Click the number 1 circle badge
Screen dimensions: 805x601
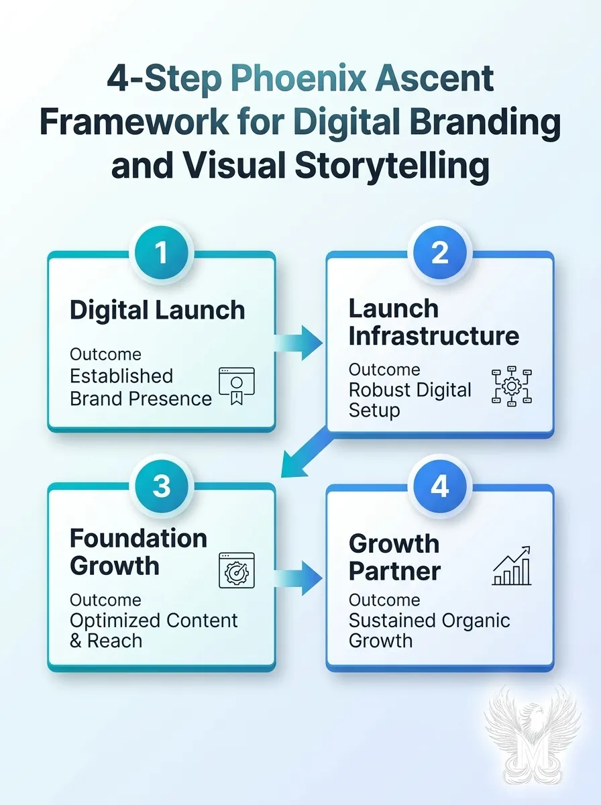tap(161, 253)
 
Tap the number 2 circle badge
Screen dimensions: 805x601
tap(439, 253)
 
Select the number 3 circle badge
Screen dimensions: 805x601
tap(161, 485)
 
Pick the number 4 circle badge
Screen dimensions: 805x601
tap(439, 485)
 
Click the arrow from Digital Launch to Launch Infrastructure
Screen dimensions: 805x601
tap(300, 343)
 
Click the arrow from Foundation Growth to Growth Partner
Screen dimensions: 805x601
tap(300, 576)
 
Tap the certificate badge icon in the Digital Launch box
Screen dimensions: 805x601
tap(237, 386)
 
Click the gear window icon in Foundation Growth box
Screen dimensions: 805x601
tap(237, 570)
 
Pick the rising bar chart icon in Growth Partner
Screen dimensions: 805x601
tap(512, 566)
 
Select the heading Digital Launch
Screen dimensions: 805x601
tap(158, 310)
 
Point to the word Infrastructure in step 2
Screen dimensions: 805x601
tap(433, 335)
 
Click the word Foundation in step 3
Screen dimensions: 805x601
tap(138, 538)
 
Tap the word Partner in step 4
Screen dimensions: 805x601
tap(394, 571)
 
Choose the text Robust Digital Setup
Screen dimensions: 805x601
tap(410, 400)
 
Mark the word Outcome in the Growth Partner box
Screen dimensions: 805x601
tap(384, 600)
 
